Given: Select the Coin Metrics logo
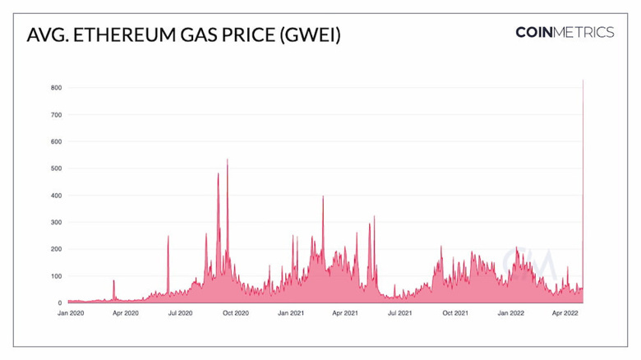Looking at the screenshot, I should tap(565, 33).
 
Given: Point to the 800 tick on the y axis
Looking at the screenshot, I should tap(57, 87).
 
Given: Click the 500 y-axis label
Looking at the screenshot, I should tap(57, 168).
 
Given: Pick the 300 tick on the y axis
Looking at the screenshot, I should tap(57, 222).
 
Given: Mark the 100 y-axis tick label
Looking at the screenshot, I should tap(57, 276).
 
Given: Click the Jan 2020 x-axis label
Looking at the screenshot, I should tap(71, 313).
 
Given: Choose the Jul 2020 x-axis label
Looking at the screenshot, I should tap(180, 313).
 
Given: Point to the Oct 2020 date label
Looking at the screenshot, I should tap(236, 313).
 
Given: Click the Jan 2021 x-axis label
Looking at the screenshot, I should tap(291, 313).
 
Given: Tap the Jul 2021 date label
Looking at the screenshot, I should tap(400, 313).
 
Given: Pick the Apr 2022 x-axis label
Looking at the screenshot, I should tap(565, 313).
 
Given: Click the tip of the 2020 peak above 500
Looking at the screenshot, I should tap(228, 159).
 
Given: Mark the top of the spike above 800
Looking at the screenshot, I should tap(583, 81).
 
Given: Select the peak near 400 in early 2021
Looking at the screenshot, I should tap(323, 196).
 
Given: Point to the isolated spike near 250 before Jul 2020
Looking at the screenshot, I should tap(168, 237).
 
